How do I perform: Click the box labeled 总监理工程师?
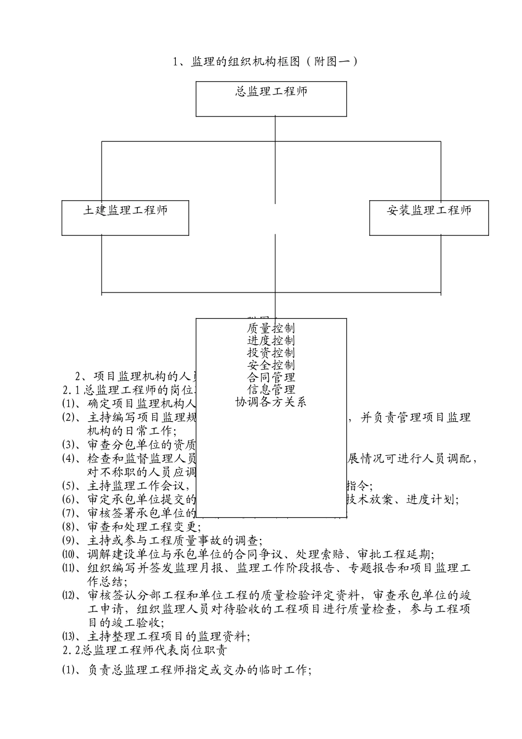[271, 98]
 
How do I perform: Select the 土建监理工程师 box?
[125, 218]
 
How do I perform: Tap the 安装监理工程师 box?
[429, 218]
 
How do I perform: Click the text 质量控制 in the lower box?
[271, 329]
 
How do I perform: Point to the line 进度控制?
[271, 341]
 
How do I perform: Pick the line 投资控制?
[271, 353]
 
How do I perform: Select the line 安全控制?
[271, 365]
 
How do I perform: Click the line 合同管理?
[271, 377]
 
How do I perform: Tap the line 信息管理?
[271, 389]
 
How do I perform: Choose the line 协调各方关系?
[271, 402]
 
